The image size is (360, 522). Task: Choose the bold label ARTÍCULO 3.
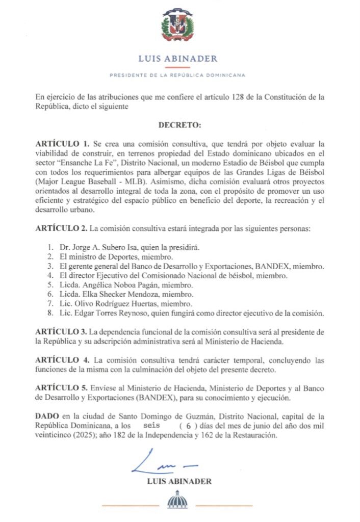62,331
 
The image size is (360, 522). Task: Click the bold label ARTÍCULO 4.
62,360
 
